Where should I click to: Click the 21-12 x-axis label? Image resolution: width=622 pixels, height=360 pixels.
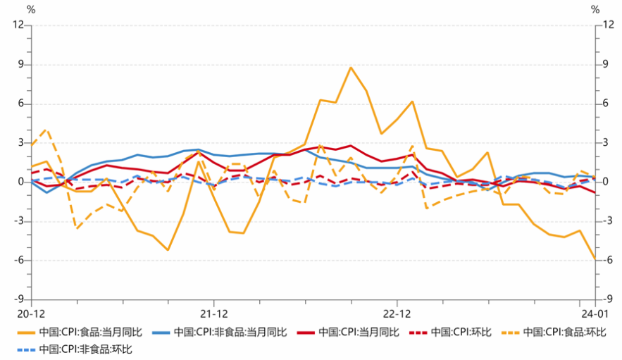click(x=214, y=313)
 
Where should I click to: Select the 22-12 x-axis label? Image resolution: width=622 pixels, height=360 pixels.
click(x=397, y=313)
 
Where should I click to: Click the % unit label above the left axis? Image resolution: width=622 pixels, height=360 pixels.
click(x=31, y=10)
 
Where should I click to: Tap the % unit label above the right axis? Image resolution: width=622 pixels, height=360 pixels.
click(x=596, y=10)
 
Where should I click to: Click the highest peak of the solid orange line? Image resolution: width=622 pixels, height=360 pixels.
click(x=351, y=68)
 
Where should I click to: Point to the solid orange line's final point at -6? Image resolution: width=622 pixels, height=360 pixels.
click(x=595, y=259)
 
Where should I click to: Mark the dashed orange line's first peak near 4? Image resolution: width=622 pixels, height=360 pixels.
click(x=46, y=130)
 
